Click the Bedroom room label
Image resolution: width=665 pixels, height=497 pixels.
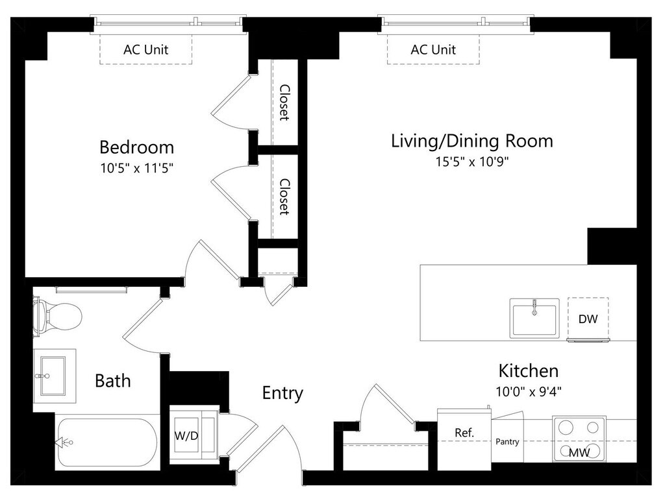click(x=136, y=147)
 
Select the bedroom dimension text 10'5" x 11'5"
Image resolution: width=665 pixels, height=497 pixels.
click(x=137, y=168)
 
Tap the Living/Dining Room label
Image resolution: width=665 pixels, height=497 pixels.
click(x=472, y=141)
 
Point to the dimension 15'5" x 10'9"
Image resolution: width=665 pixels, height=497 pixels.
click(x=472, y=162)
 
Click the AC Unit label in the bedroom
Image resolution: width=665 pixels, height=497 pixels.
click(x=146, y=49)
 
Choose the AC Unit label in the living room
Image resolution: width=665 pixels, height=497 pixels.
click(x=433, y=49)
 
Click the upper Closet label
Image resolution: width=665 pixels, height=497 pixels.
click(x=284, y=103)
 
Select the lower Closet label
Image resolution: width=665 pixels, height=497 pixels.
click(x=284, y=197)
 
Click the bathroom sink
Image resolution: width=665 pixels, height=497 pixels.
click(x=53, y=376)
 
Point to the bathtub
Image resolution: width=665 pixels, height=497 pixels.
click(x=107, y=442)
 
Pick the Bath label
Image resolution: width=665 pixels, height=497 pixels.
click(x=113, y=380)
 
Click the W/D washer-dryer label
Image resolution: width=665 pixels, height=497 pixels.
click(x=186, y=435)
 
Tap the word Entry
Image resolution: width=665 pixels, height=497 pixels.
click(x=282, y=393)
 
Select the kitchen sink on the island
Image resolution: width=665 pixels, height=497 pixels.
click(x=534, y=318)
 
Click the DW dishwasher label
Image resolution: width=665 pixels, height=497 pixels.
click(x=588, y=319)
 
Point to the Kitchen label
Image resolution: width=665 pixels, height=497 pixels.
click(x=529, y=370)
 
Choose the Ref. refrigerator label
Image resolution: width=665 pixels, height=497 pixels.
click(x=464, y=433)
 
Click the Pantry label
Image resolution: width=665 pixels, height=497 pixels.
click(x=507, y=441)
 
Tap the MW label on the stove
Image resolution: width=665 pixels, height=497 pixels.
click(x=579, y=452)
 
